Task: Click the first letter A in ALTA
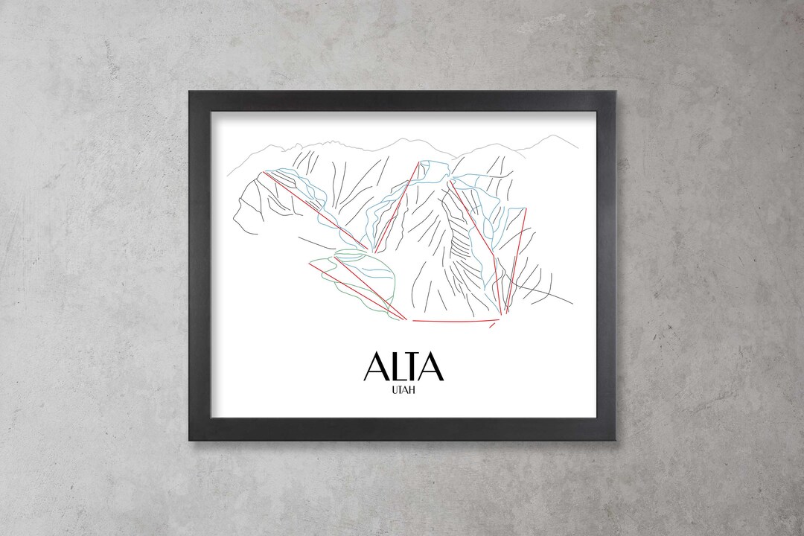click(376, 368)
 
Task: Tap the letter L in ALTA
click(397, 368)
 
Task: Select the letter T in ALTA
click(413, 368)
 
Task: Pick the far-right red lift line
click(517, 257)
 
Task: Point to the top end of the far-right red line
click(526, 209)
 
